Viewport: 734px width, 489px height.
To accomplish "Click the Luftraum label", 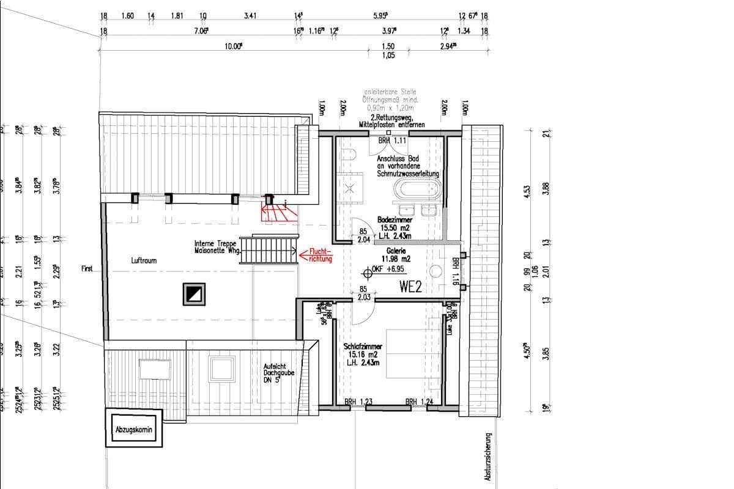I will (144, 260).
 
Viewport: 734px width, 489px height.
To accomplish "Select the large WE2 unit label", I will (411, 287).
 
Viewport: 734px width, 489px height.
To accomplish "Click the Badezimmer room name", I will (395, 219).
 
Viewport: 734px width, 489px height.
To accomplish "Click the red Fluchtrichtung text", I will (321, 255).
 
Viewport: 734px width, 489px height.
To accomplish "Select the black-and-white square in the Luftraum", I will (193, 295).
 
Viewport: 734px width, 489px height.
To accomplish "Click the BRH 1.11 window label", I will (391, 141).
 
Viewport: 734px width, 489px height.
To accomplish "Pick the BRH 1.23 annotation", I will (358, 402).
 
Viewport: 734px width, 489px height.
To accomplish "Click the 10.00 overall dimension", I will (232, 46).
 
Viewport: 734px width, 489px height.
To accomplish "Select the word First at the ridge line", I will (86, 268).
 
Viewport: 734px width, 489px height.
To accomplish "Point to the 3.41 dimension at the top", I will (250, 16).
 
